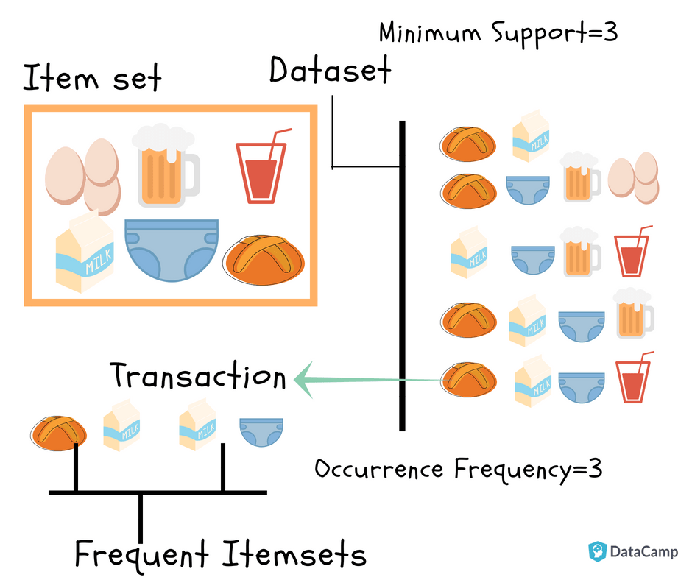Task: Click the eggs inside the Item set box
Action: tap(82, 174)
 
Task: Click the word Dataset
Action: tap(330, 71)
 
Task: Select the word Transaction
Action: tap(198, 376)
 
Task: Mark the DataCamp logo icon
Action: tap(597, 552)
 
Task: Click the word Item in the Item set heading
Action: tap(60, 78)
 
